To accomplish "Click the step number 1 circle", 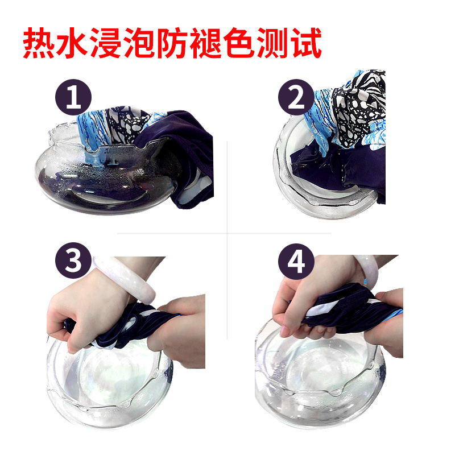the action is pos(73,97).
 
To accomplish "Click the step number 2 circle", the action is pos(296,97).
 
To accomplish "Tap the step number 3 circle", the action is pos(73,260).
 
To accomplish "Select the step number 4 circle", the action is pos(296,261).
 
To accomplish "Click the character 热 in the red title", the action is pos(39,43).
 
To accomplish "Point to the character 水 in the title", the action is pos(72,43).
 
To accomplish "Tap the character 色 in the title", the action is pos(238,43).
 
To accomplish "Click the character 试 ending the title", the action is pos(306,43).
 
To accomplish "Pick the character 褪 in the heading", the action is pos(205,43).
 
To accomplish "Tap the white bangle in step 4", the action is pos(366,268).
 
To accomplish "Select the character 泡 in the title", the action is pos(139,43).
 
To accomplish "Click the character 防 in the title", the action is pos(172,43).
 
